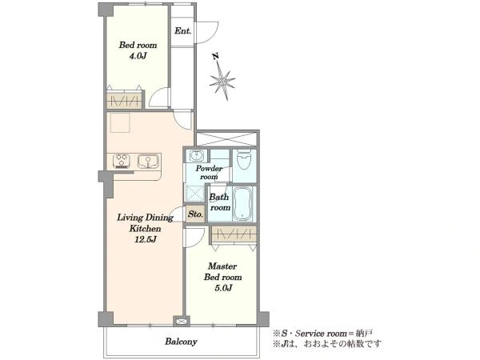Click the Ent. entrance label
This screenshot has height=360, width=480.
click(182, 30)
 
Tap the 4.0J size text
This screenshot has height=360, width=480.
click(138, 56)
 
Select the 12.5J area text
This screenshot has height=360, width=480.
click(146, 239)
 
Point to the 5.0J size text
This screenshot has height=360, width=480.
click(222, 288)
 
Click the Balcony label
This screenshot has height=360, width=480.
click(181, 342)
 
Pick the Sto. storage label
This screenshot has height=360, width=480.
click(196, 214)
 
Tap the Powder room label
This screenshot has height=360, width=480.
click(209, 172)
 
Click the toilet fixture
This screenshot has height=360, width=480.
click(244, 159)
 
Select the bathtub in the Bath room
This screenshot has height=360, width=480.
click(242, 203)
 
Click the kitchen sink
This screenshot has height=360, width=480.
click(148, 161)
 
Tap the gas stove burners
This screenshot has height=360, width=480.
click(122, 161)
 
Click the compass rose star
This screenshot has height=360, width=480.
click(222, 81)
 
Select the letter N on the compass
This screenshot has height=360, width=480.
click(216, 56)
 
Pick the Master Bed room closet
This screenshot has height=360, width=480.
click(234, 234)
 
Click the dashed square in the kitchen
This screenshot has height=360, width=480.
click(120, 122)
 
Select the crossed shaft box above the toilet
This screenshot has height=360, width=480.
click(226, 139)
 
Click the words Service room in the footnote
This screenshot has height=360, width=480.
click(321, 334)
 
